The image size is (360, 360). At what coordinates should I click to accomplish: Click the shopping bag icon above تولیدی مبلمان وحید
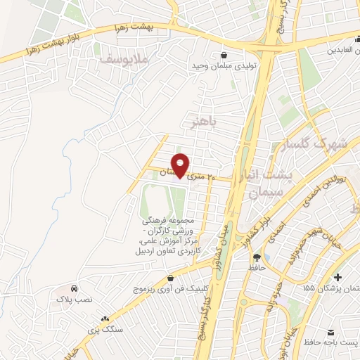point(224,54)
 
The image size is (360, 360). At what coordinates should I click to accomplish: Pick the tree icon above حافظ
point(257,257)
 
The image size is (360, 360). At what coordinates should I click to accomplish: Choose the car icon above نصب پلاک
point(74,289)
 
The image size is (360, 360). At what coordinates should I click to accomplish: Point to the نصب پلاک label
point(74,300)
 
